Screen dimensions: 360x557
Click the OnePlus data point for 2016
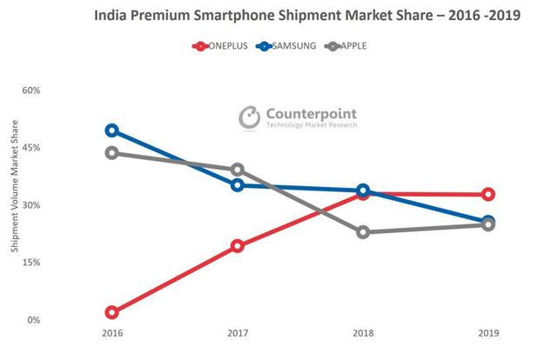pos(112,312)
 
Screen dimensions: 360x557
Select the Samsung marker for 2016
pos(112,130)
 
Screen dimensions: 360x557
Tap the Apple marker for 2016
pos(112,153)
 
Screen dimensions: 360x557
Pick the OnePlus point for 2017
pos(238,246)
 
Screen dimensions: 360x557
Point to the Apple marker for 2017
pos(238,170)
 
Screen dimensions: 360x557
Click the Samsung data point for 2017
pos(238,184)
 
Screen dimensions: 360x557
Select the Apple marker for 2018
pos(363,232)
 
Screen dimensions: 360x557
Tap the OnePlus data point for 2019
pos(488,194)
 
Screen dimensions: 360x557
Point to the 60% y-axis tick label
pos(30,90)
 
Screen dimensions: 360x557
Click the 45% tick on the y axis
pos(30,148)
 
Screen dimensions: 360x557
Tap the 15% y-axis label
pos(30,263)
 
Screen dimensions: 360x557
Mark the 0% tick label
pos(33,320)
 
